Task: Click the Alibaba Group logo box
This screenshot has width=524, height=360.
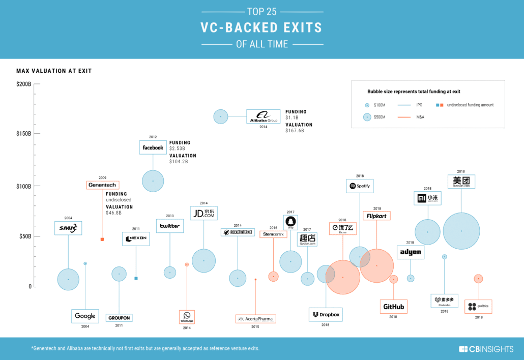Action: [263, 116]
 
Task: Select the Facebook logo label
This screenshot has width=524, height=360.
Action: [153, 147]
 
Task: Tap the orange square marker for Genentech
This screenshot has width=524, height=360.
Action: [102, 239]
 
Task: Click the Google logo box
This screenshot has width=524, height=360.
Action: [85, 316]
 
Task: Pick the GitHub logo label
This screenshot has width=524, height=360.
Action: [393, 307]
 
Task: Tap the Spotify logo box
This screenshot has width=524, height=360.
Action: [360, 186]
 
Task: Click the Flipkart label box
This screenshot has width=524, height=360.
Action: [376, 216]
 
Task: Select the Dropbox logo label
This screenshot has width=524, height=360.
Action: [326, 315]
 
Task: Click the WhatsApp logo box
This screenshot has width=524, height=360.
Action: [187, 317]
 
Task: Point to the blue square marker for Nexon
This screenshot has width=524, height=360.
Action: [136, 278]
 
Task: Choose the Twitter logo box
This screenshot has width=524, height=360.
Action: [169, 226]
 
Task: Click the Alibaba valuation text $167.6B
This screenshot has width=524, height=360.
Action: [295, 131]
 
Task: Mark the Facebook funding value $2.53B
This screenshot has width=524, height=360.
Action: [178, 148]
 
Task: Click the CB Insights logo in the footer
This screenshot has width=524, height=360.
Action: [483, 349]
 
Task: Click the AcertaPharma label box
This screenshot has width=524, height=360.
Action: [255, 319]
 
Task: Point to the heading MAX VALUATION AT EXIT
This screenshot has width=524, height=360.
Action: [54, 71]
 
